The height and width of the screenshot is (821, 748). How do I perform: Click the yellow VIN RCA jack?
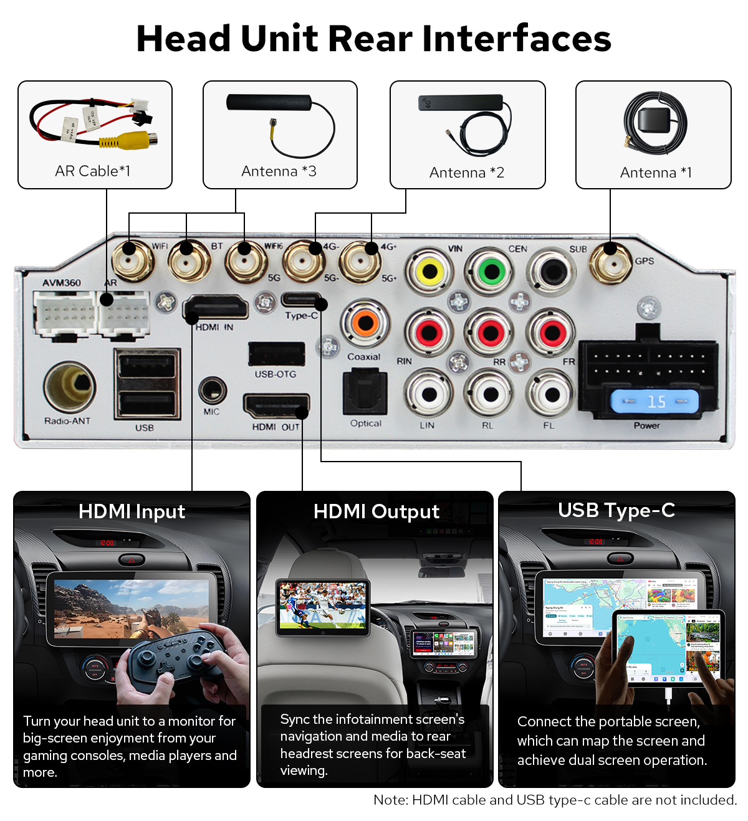click(429, 272)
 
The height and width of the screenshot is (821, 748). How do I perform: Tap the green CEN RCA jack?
click(491, 272)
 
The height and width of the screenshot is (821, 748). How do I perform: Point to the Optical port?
click(365, 392)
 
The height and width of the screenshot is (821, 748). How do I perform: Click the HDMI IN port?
click(216, 308)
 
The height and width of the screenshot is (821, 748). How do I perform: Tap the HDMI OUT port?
click(276, 407)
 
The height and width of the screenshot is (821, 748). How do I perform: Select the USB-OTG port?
click(276, 354)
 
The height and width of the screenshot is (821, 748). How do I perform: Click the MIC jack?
click(212, 391)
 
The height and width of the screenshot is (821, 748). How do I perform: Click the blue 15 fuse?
click(654, 401)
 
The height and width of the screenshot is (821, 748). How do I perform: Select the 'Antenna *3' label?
click(279, 171)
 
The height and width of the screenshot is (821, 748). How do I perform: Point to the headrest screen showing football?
click(323, 607)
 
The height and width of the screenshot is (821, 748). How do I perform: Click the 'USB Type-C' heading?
click(616, 511)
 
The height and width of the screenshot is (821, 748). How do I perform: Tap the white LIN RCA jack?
click(428, 394)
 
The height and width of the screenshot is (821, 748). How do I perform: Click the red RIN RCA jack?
click(428, 333)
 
